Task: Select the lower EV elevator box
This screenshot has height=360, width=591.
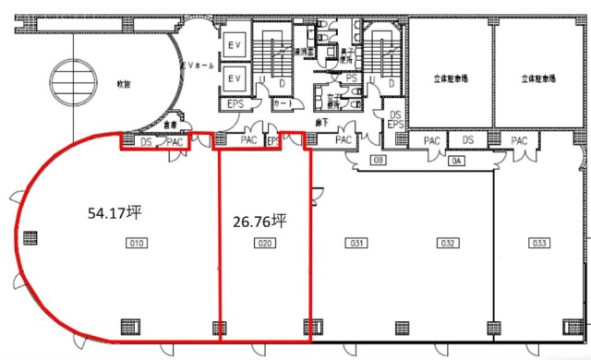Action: click(x=234, y=80)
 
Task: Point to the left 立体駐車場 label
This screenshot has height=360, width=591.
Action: click(x=450, y=79)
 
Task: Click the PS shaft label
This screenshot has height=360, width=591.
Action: click(x=351, y=78)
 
